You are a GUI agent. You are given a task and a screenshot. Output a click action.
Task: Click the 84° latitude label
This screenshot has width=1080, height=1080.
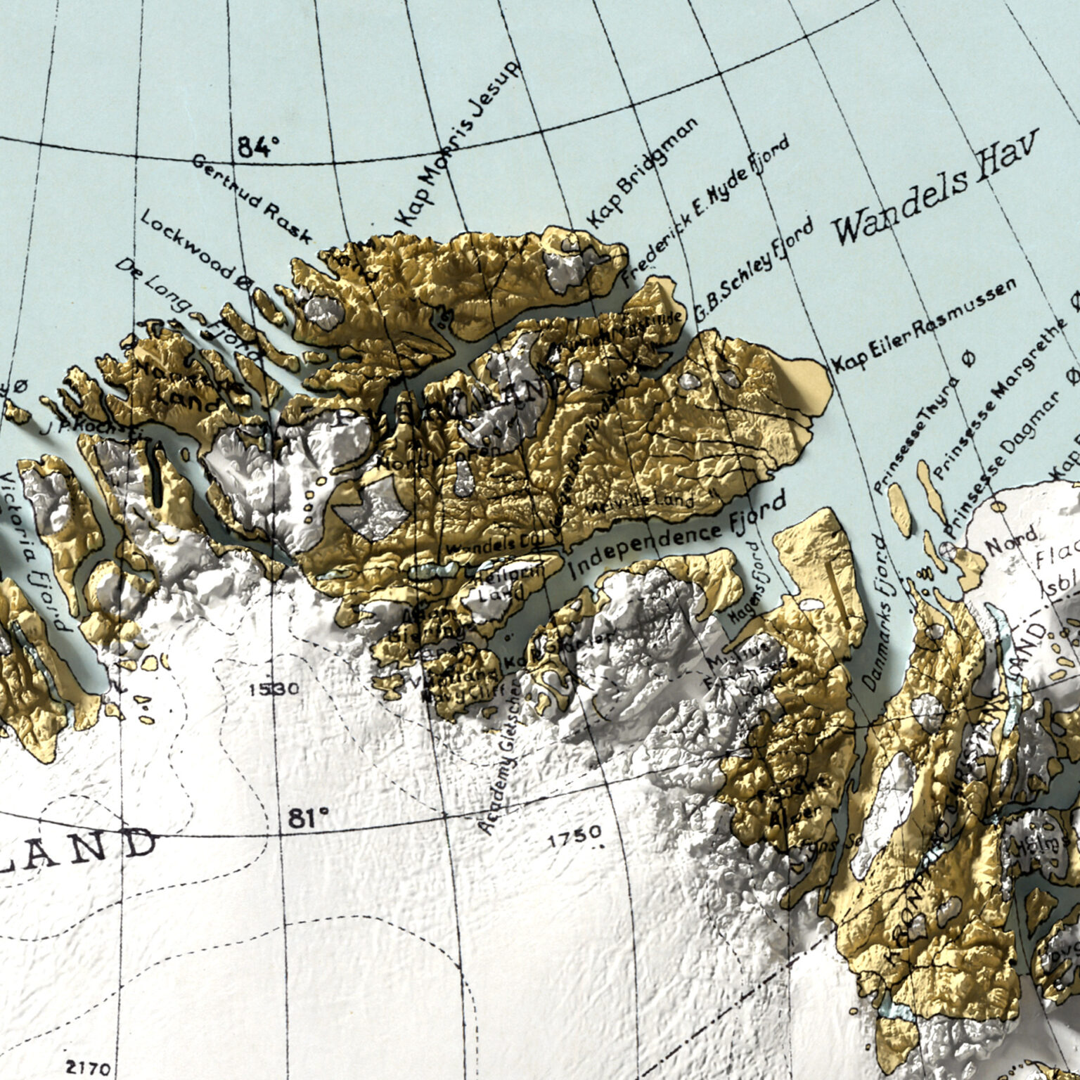pyautogui.click(x=258, y=147)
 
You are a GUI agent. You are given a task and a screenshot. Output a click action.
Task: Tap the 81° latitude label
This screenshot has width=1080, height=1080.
pyautogui.click(x=308, y=818)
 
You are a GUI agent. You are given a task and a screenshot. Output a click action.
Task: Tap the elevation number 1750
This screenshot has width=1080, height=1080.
pyautogui.click(x=574, y=835)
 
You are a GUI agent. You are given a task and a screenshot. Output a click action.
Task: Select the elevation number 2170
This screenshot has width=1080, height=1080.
pyautogui.click(x=88, y=1068)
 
